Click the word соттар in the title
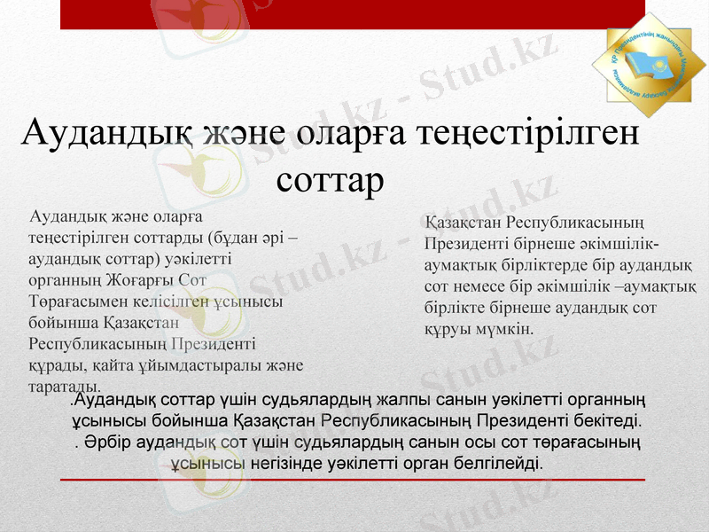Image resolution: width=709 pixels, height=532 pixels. pyautogui.click(x=330, y=180)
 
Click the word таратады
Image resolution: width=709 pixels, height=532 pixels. pyautogui.click(x=64, y=386)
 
